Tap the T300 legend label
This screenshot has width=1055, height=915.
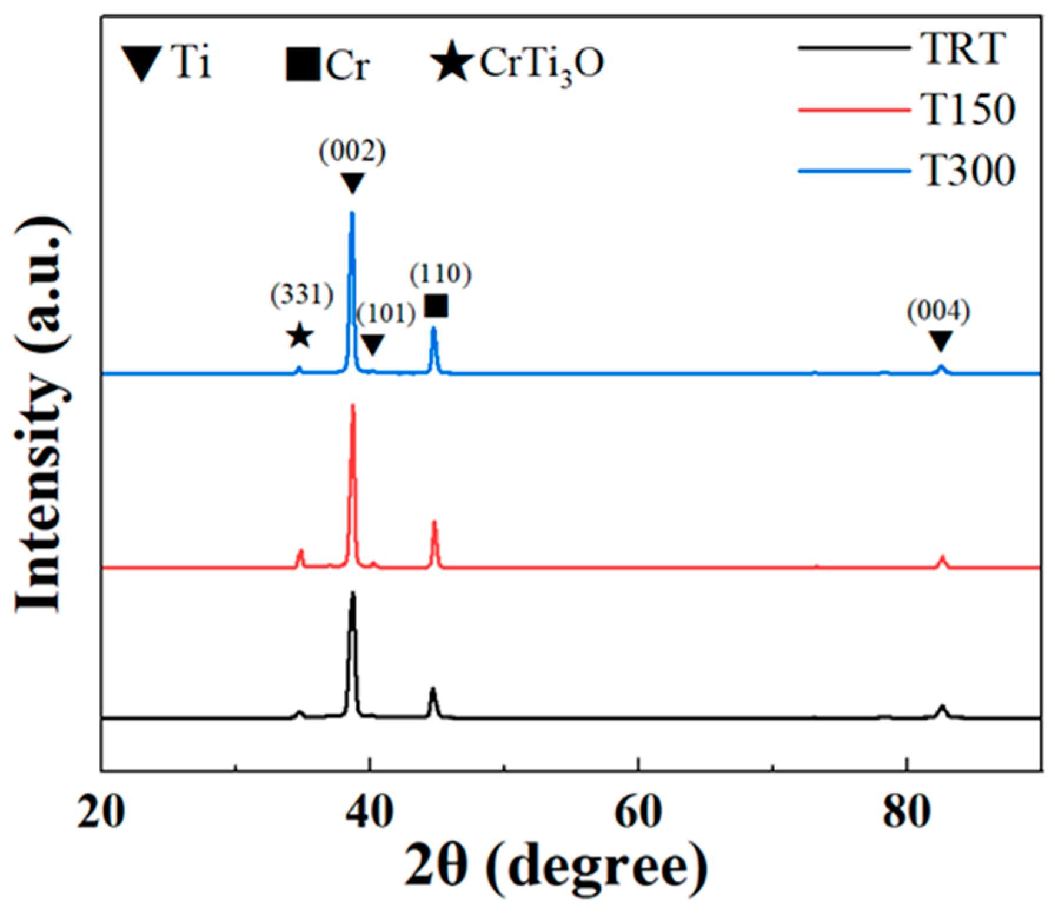coord(968,171)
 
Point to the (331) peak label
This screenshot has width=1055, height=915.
coord(302,294)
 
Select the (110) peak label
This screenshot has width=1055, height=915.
coord(441,274)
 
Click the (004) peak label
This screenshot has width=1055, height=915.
coord(938,312)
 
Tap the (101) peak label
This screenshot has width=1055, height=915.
coord(386,315)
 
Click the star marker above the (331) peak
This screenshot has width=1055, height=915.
coord(300,337)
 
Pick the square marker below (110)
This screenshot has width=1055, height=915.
coord(437,306)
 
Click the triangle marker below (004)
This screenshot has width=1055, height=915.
coord(940,341)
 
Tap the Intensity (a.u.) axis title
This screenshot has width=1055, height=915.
coord(40,415)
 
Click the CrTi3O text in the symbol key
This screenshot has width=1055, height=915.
coord(541,64)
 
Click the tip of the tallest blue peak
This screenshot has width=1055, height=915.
coord(352,213)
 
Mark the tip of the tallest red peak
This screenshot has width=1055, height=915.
coord(353,405)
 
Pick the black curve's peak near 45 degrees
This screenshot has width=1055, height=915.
coord(433,688)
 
